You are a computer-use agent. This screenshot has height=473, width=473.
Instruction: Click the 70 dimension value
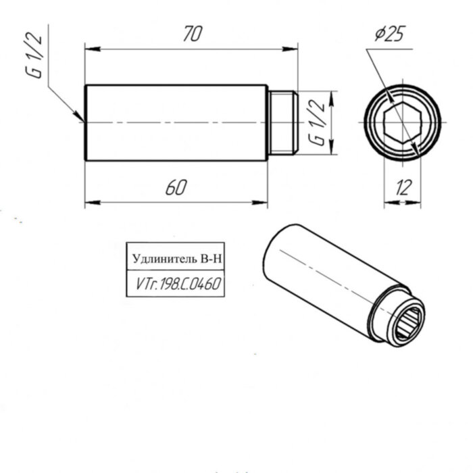pos(192,34)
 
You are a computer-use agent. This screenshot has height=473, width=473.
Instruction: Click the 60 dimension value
pos(176,188)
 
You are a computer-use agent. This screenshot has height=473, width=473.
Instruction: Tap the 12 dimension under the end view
pos(403,188)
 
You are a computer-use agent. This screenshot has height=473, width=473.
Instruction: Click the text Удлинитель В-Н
pos(176,259)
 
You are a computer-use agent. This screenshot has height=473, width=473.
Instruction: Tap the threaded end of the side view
pos(282,123)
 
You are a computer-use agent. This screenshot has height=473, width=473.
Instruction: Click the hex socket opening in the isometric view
pos(409,323)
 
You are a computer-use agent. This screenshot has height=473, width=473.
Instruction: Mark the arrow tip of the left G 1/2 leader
pos(82,120)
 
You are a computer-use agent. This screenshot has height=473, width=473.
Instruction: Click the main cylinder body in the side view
pos(176,123)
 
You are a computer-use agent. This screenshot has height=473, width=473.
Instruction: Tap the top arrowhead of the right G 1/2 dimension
pos(331,94)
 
